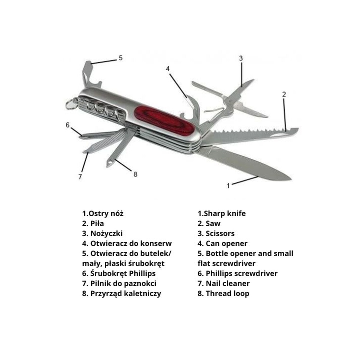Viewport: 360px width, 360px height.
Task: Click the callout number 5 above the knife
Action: tap(121, 58)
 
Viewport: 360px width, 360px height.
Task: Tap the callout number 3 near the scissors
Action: tap(241, 58)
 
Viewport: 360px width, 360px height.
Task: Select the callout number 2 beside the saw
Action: tap(284, 94)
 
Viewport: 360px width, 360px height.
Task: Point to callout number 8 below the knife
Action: tap(135, 175)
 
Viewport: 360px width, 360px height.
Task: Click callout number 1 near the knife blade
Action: tap(228, 186)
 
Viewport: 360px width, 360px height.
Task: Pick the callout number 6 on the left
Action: tap(67, 125)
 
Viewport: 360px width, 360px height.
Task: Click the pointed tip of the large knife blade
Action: tap(291, 179)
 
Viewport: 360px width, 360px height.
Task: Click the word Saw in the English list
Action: tap(213, 223)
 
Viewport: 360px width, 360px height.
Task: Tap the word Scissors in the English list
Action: tap(220, 233)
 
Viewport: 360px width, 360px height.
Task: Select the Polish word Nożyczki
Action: tap(106, 233)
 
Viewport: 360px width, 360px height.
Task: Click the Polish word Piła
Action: tap(97, 223)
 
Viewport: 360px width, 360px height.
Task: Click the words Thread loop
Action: tap(227, 293)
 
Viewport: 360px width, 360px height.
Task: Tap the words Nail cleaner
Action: tap(228, 283)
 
